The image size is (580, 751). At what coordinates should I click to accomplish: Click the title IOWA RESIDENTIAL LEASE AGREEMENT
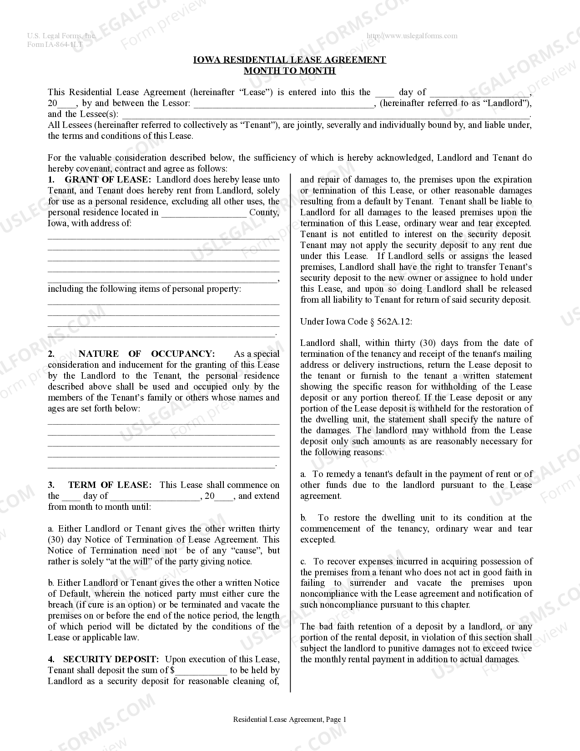[290, 60]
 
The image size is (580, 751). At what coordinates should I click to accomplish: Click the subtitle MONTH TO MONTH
[290, 71]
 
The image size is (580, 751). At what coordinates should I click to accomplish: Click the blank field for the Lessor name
[283, 104]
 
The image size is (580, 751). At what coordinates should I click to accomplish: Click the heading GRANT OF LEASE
[106, 180]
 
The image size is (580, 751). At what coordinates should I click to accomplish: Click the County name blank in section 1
[203, 213]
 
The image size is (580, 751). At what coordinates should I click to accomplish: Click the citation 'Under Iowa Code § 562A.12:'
[356, 322]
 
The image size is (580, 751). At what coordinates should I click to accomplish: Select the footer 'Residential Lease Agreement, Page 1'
[290, 720]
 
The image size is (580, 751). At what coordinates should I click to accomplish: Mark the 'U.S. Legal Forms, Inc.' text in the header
[61, 36]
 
